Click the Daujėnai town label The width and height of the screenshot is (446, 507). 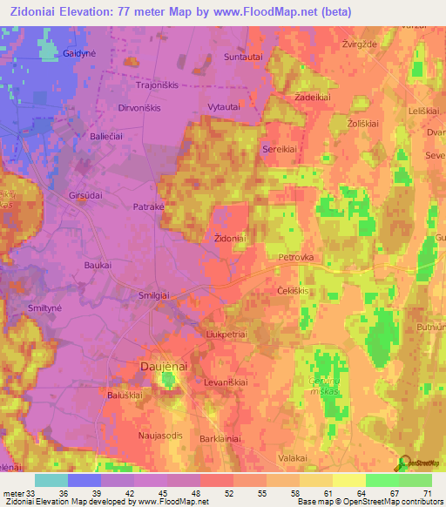click(x=164, y=368)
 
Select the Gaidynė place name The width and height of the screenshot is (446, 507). click(x=78, y=52)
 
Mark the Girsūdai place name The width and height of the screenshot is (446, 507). click(x=87, y=196)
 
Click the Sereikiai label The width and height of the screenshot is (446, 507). click(x=280, y=149)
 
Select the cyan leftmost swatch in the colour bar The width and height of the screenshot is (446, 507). click(x=51, y=480)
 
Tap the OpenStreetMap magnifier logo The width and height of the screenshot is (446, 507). click(x=402, y=462)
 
